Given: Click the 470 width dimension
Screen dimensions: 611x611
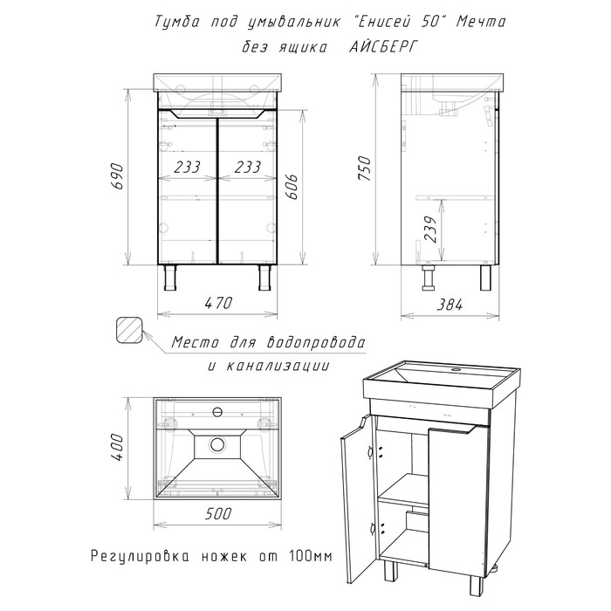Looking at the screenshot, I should tap(216, 303).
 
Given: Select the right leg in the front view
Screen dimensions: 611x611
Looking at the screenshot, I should tap(263, 278).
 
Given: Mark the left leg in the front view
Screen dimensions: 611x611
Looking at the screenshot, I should tap(169, 278).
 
